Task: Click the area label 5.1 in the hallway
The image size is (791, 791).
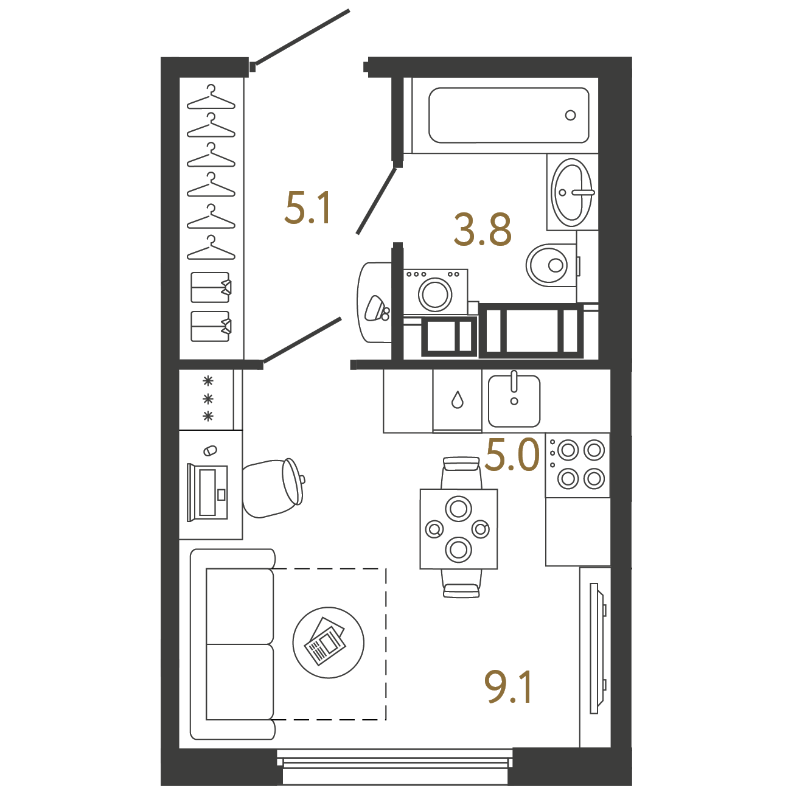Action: tap(308, 209)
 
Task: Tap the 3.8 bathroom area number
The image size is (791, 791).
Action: tap(483, 230)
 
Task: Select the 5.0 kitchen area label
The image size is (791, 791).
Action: tap(512, 455)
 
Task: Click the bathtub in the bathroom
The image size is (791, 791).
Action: tap(509, 115)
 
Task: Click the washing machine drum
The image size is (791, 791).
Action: tap(434, 294)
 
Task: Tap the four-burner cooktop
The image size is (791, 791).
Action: tap(577, 465)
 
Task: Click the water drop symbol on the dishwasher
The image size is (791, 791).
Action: tap(457, 399)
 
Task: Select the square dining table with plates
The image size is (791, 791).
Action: tap(459, 529)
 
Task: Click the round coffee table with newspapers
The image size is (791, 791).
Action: tap(328, 643)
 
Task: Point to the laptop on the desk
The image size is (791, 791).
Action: tap(207, 492)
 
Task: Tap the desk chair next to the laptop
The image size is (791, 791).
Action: tap(273, 489)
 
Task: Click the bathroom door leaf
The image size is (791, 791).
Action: tap(377, 201)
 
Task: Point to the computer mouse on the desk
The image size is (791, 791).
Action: tap(210, 450)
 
